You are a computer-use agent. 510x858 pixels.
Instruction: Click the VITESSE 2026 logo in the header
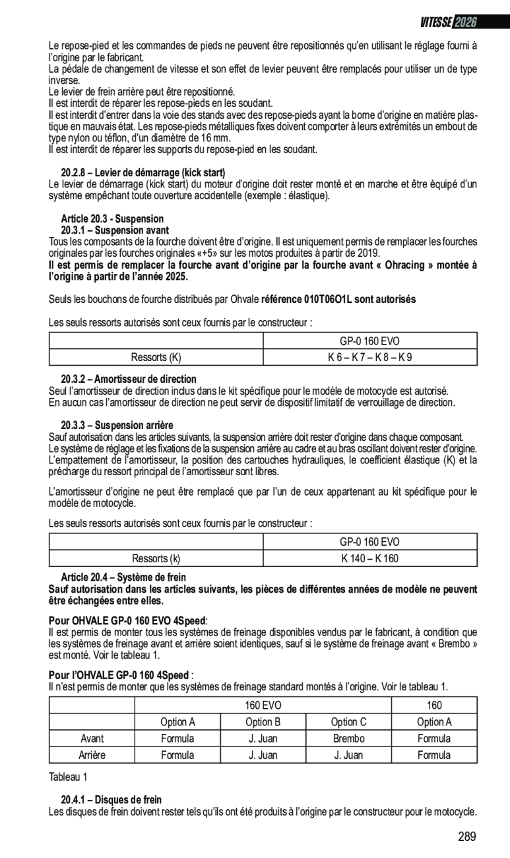click(x=448, y=22)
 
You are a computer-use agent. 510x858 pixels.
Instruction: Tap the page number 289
click(x=466, y=837)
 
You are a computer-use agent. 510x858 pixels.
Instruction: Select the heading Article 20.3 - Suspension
click(x=112, y=218)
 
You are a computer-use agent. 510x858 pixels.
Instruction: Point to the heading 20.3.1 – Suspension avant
click(x=115, y=230)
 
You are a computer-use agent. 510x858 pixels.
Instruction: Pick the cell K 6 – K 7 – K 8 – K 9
click(x=369, y=358)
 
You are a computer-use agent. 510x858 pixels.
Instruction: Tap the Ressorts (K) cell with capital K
click(x=156, y=358)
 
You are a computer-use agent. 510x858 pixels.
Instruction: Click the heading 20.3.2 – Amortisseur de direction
click(x=129, y=379)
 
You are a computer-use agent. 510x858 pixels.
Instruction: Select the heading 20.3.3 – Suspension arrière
click(x=117, y=425)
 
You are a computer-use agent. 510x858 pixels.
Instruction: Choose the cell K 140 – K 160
click(x=369, y=559)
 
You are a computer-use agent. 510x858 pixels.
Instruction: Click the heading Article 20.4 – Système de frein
click(x=123, y=577)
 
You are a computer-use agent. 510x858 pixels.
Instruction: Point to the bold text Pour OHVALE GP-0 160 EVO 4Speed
click(x=127, y=620)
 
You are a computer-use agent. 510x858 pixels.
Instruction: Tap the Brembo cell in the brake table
click(x=348, y=739)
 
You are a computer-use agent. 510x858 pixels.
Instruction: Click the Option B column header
click(x=263, y=722)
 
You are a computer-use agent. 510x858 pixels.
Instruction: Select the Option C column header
click(x=348, y=722)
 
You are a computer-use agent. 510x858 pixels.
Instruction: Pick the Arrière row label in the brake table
click(x=92, y=755)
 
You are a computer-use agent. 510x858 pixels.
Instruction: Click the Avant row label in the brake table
click(x=92, y=739)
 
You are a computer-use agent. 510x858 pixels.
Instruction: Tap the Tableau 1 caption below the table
click(x=68, y=777)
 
